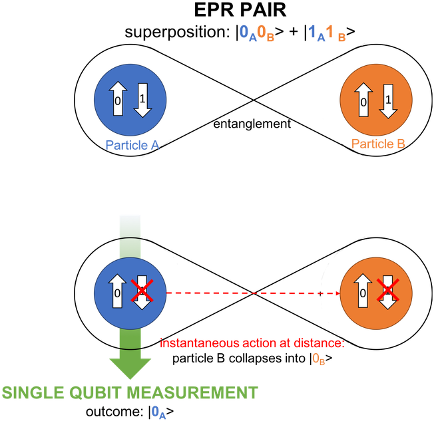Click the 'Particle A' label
tap(132, 144)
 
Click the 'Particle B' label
tap(378, 143)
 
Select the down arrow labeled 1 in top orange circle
tap(388, 100)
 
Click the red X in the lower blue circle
tap(142, 292)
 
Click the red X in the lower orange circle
tap(388, 291)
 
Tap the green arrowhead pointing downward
tap(130, 365)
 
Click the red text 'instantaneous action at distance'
tap(252, 343)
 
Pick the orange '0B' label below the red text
tap(319, 359)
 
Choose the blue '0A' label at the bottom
tap(159, 412)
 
